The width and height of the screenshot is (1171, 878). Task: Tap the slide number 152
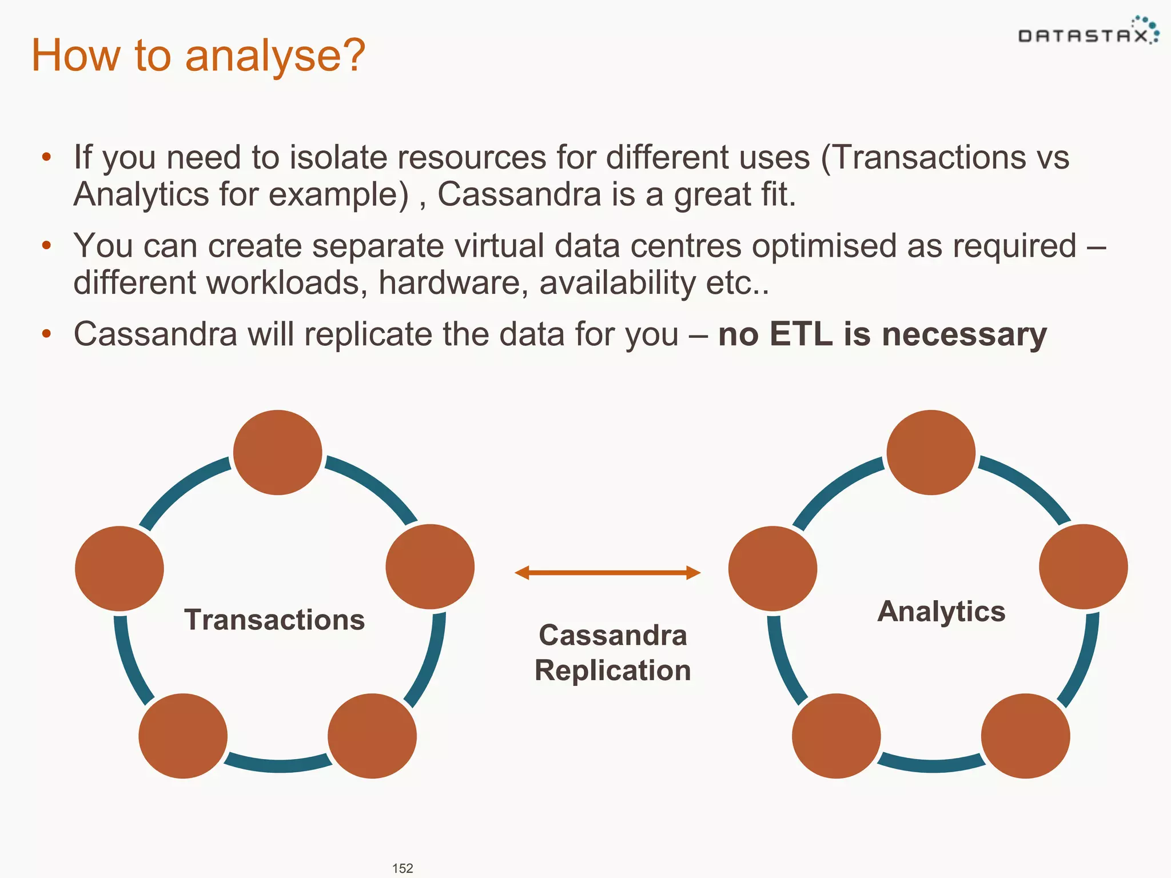[x=403, y=868]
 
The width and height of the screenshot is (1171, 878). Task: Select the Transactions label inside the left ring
[x=274, y=620]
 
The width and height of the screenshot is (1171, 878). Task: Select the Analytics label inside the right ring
[x=941, y=611]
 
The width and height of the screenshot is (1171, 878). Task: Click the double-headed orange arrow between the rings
[x=607, y=572]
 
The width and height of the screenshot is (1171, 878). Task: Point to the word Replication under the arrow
[x=612, y=670]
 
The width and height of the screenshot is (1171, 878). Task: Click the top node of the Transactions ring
[x=278, y=452]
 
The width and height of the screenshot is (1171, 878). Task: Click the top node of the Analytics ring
[x=931, y=452]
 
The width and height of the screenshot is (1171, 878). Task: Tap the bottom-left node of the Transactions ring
[x=183, y=736]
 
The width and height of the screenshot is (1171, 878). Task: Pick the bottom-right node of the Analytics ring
[x=1025, y=736]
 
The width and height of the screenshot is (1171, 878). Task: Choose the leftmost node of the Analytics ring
[x=772, y=568]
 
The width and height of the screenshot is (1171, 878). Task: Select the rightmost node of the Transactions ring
[x=430, y=566]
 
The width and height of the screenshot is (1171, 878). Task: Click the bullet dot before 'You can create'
[x=47, y=246]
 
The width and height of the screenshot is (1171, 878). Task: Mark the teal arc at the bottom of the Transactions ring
[x=278, y=764]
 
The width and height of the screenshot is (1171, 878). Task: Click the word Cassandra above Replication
[x=612, y=635]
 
